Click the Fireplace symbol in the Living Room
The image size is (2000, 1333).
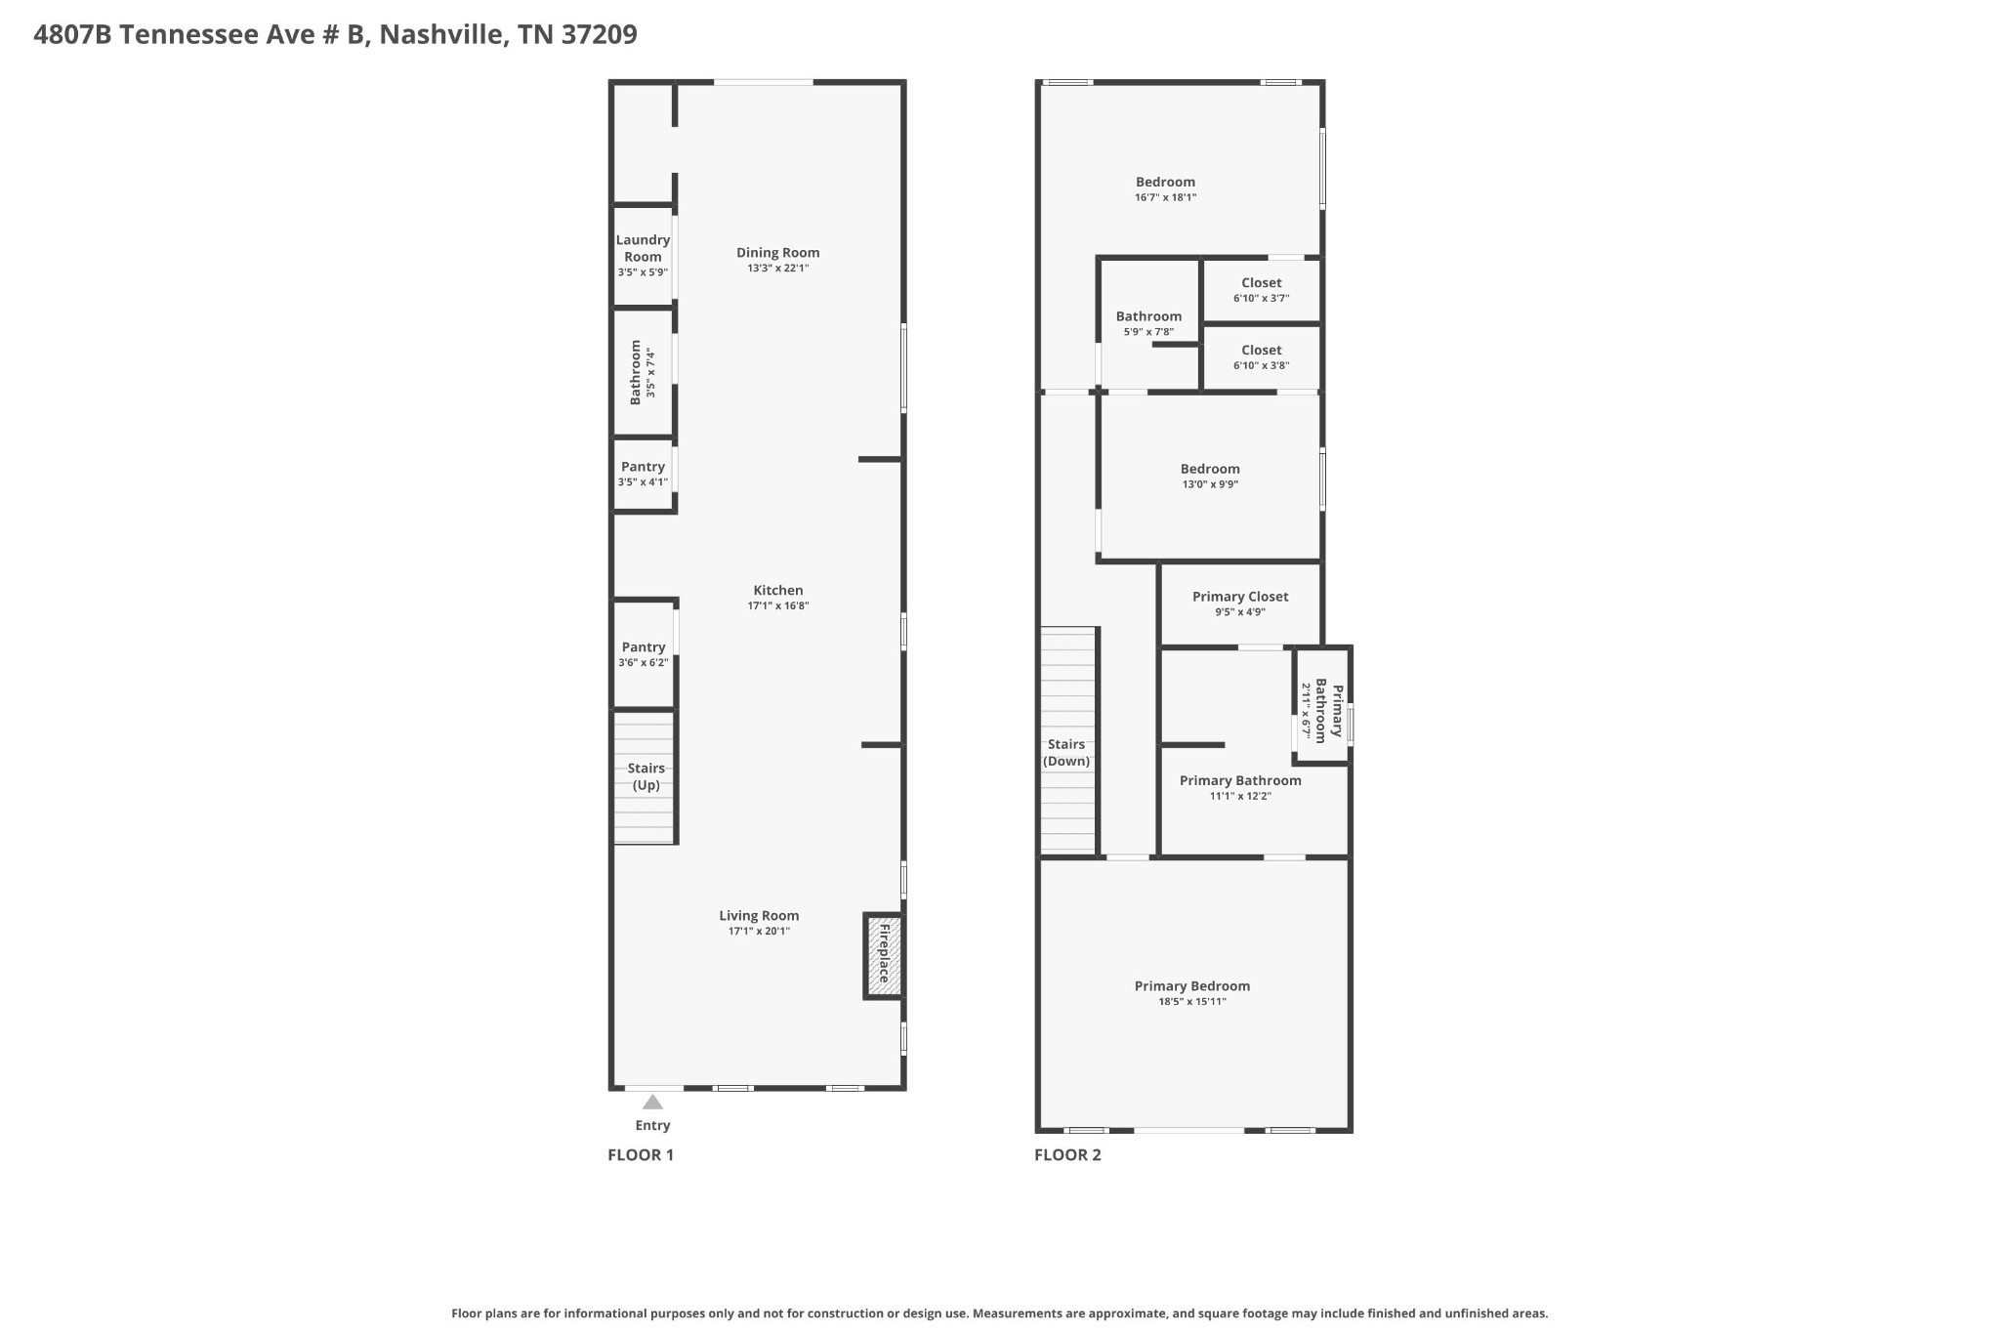(883, 955)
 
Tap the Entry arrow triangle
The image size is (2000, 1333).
(652, 1103)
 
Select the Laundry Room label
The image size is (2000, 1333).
(643, 248)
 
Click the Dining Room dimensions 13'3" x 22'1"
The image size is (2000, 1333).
(777, 268)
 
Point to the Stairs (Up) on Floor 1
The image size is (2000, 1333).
(645, 777)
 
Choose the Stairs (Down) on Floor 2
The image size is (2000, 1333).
(1066, 753)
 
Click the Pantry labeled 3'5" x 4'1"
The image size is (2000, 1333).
(643, 474)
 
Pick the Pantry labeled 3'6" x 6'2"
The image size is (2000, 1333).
(643, 654)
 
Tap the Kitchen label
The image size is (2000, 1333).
(777, 590)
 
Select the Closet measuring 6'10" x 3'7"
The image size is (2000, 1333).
(1261, 290)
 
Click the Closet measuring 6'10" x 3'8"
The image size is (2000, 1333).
(1261, 357)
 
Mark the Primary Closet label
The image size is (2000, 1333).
(1240, 597)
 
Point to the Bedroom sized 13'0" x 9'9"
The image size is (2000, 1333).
(1210, 476)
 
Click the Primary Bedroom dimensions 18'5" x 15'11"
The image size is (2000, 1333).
(1191, 1002)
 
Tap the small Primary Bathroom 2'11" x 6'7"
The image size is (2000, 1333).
(1322, 710)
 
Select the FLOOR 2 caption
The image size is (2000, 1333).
(1067, 1155)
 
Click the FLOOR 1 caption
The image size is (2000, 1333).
(641, 1155)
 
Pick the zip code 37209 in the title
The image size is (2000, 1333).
(600, 35)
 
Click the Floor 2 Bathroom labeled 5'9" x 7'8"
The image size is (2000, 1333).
(1148, 323)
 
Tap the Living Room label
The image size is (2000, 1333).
(759, 915)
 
